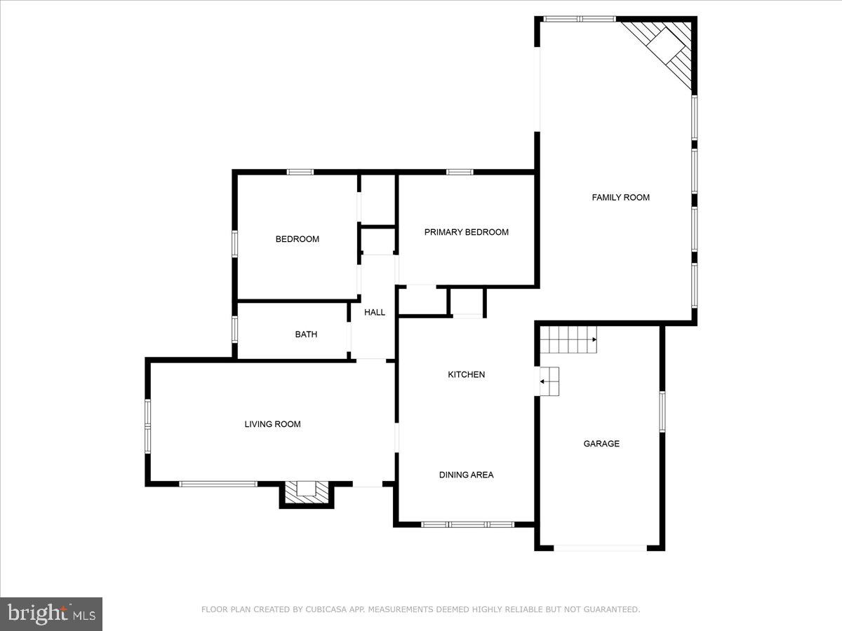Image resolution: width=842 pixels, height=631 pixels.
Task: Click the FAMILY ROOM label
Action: pos(620,198)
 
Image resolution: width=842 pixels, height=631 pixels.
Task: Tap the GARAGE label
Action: pos(601,444)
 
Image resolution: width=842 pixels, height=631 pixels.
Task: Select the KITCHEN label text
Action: pos(466,375)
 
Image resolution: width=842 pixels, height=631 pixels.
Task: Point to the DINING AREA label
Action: pos(466,475)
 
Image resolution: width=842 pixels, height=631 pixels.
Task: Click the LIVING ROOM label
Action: pos(272,424)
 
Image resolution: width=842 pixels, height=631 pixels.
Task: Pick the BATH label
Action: pos(306,334)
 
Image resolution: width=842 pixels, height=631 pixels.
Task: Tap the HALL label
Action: pos(375,313)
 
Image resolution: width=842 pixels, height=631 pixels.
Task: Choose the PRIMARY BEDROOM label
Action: pos(466,232)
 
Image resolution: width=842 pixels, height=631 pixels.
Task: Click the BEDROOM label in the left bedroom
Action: pos(297,239)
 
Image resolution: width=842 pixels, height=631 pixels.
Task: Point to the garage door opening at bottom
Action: pos(600,547)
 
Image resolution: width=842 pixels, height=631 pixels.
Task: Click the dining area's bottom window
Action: pos(467,524)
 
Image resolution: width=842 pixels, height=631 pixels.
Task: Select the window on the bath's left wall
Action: pos(235,329)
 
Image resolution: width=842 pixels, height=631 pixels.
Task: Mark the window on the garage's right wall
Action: pos(662,412)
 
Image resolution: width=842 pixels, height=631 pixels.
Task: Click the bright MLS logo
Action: pos(51,613)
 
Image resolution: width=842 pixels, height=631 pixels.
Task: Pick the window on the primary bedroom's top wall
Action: pos(460,172)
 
